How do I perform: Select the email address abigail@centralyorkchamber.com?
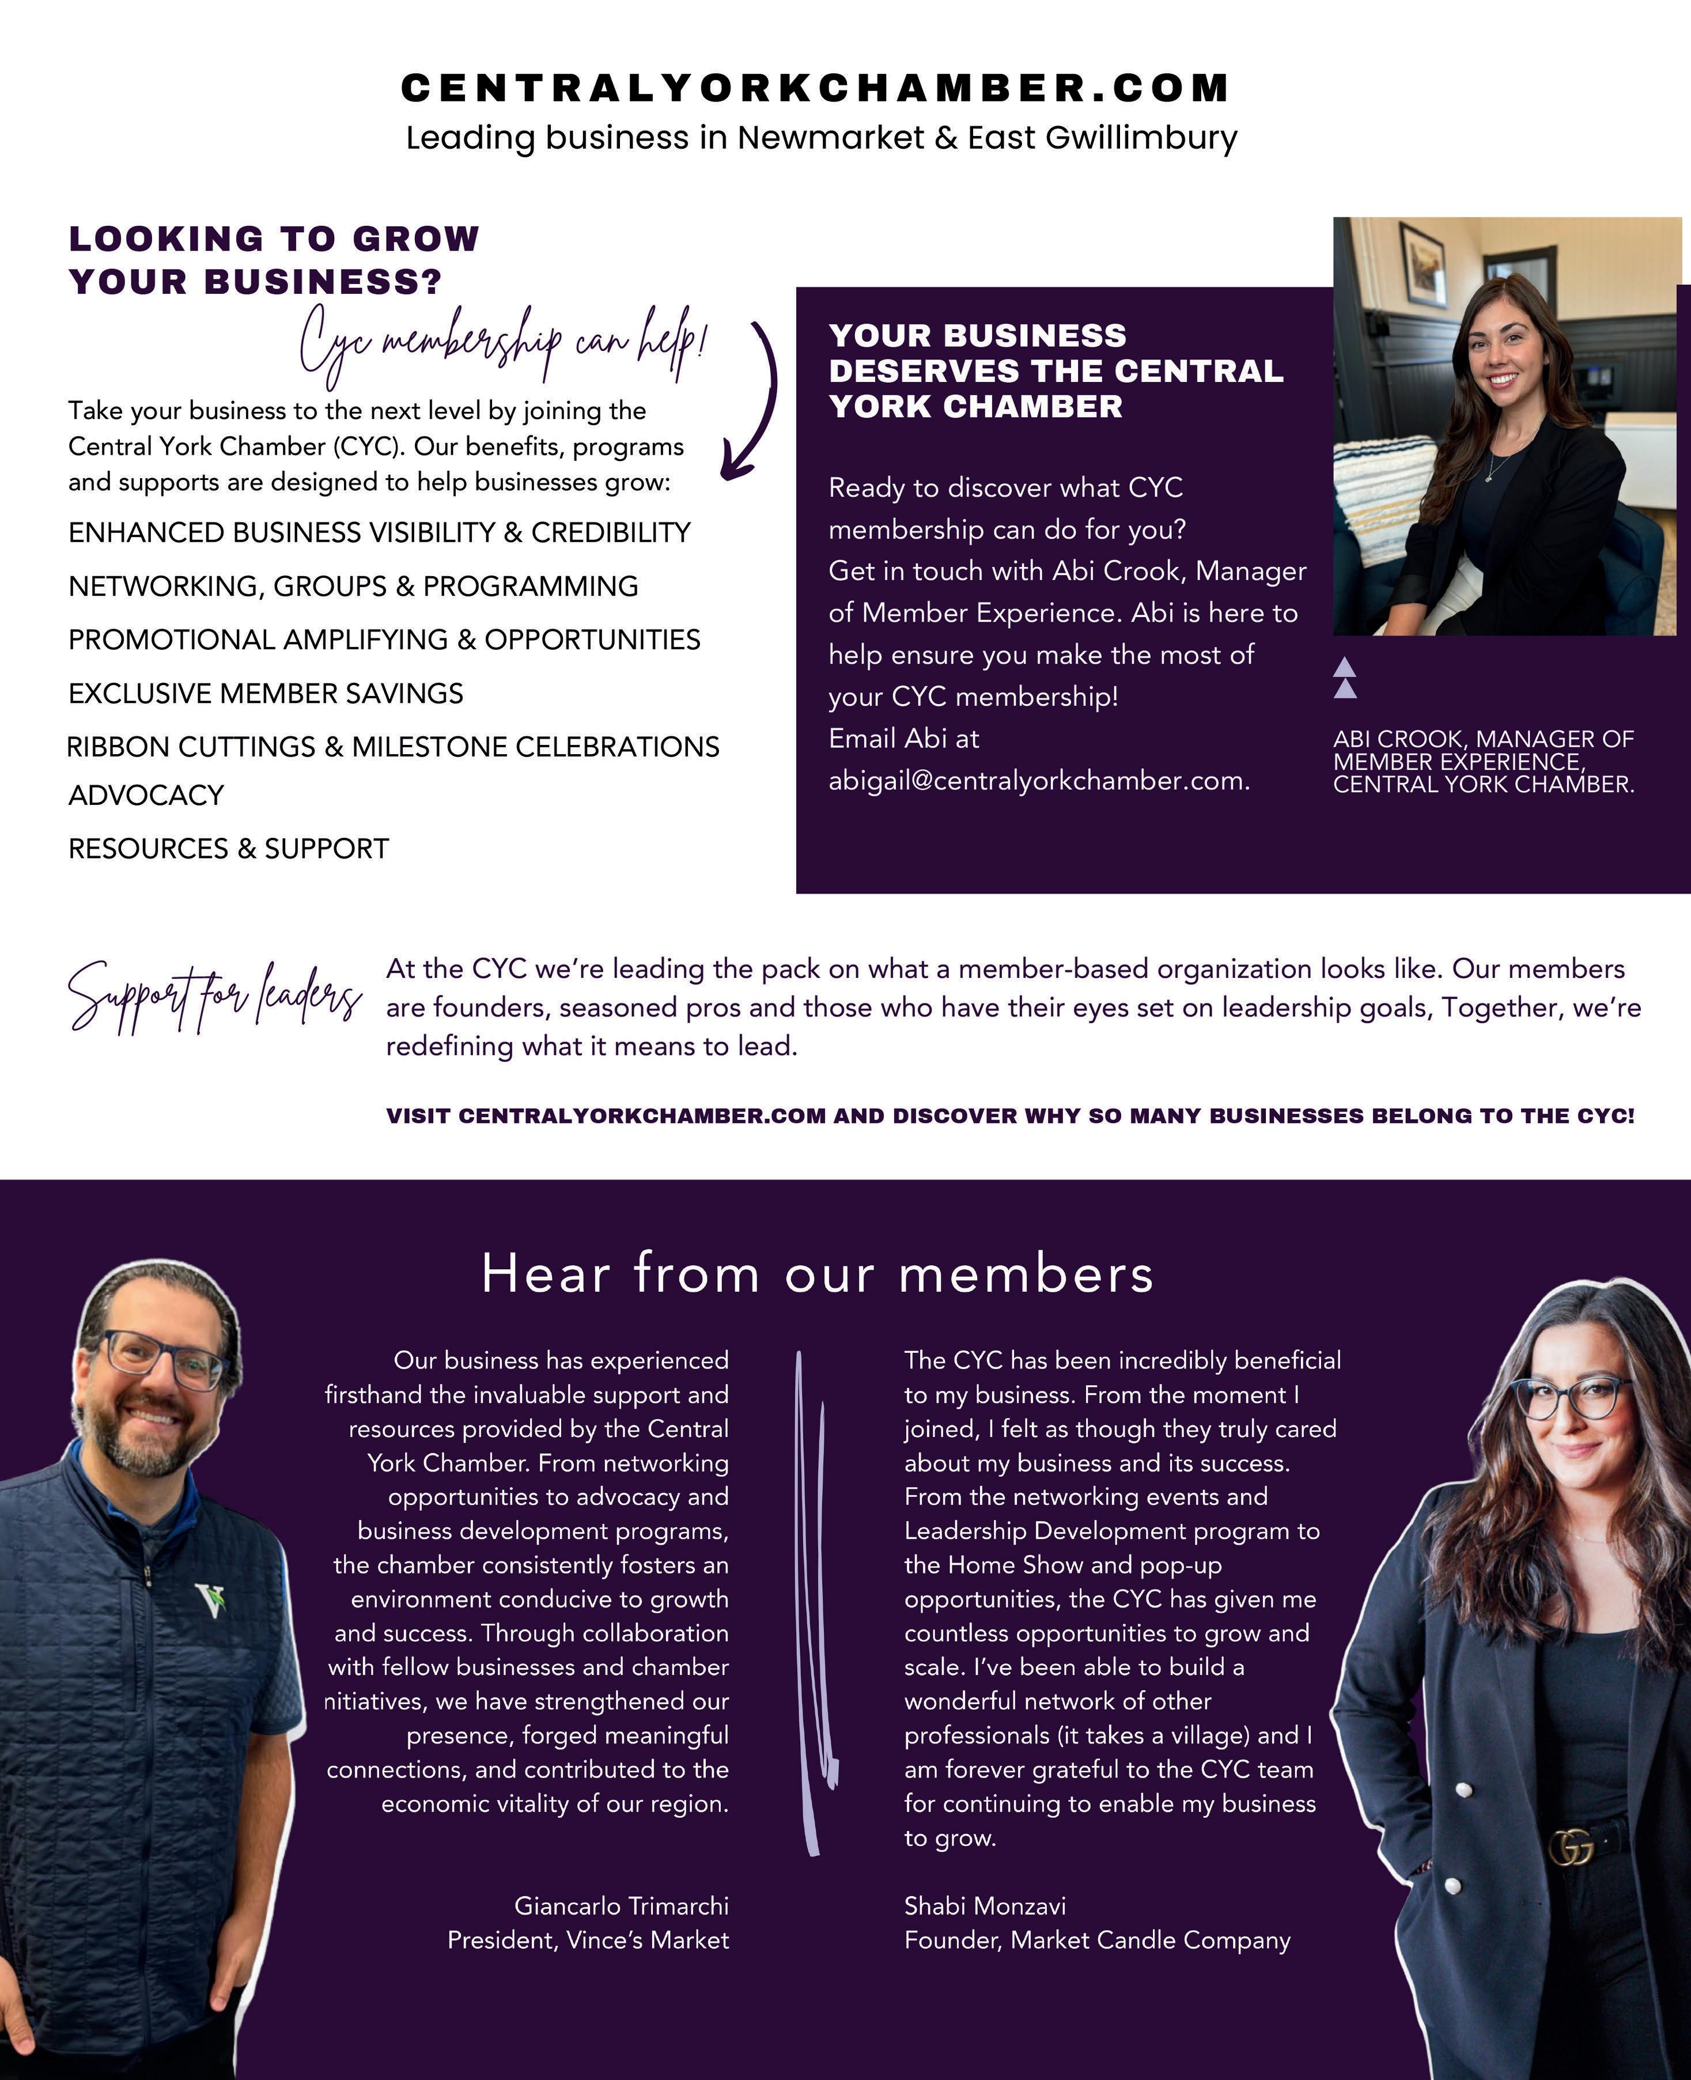click(x=1038, y=780)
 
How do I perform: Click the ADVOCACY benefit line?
click(x=146, y=795)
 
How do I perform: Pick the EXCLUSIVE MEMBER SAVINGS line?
click(x=265, y=693)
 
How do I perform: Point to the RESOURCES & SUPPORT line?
click(x=228, y=849)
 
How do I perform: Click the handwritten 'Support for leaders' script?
click(x=214, y=996)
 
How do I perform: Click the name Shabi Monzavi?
click(x=985, y=1905)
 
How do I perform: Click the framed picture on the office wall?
click(x=1422, y=263)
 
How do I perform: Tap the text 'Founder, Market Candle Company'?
click(x=1097, y=1940)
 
